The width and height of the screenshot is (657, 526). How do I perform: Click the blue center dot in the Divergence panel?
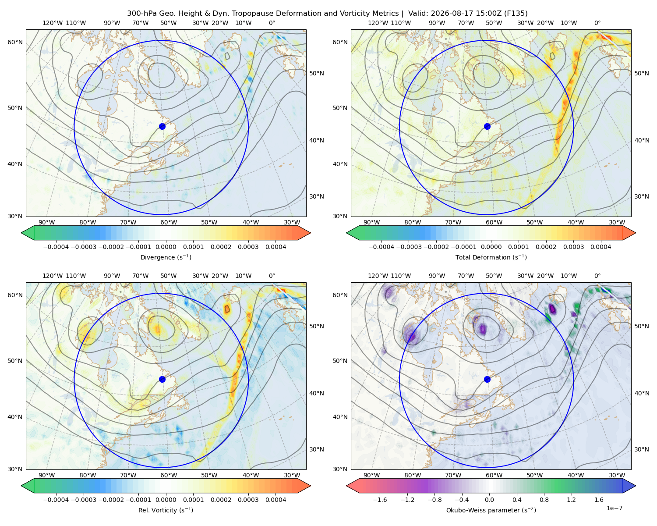pos(162,126)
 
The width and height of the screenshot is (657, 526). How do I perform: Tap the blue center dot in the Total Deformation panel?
pos(487,126)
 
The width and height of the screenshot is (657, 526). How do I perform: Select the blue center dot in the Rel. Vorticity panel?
pos(162,379)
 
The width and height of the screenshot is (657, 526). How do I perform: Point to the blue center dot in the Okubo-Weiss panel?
pos(487,379)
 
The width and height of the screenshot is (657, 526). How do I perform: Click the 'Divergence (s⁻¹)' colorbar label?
pos(166,257)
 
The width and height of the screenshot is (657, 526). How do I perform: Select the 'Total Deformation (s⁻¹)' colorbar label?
pos(491,257)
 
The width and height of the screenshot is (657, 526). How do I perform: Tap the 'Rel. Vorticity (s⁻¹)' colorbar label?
pos(166,510)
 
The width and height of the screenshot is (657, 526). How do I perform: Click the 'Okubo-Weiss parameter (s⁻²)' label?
pos(491,510)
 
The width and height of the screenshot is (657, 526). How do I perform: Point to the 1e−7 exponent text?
pos(614,508)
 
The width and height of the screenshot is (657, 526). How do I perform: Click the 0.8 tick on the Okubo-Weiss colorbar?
pos(544,500)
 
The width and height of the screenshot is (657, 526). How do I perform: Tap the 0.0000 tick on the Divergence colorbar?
pos(166,247)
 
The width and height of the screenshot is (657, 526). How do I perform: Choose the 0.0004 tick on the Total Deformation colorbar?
pos(600,247)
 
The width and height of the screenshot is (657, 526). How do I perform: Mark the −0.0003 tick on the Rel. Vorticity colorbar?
pos(83,500)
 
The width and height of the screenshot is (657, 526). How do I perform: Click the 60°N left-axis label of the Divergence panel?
pos(15,42)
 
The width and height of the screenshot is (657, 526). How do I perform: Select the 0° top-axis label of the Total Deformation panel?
pos(597,23)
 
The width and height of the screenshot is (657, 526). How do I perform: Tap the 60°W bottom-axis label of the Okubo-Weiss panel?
pos(494,475)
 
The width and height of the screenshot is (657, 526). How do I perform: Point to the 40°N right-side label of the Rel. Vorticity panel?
pos(317,393)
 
